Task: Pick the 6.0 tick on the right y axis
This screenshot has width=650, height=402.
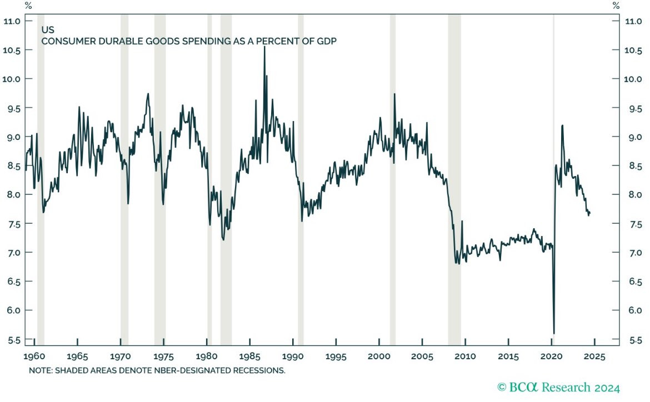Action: [x=633, y=310]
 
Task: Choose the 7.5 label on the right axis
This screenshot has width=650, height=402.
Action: [x=633, y=224]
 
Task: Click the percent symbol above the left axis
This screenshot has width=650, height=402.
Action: [x=28, y=6]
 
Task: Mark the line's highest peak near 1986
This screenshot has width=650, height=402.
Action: [x=264, y=47]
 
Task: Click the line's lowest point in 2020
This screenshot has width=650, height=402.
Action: [x=554, y=333]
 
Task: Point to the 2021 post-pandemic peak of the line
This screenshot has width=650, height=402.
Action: [x=562, y=125]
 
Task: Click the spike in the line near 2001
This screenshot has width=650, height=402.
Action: [x=394, y=94]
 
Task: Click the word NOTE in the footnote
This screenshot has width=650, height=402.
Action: [x=39, y=369]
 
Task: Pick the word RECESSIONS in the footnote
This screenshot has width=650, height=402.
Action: [x=259, y=369]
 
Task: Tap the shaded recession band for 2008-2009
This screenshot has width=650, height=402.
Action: [x=454, y=167]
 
